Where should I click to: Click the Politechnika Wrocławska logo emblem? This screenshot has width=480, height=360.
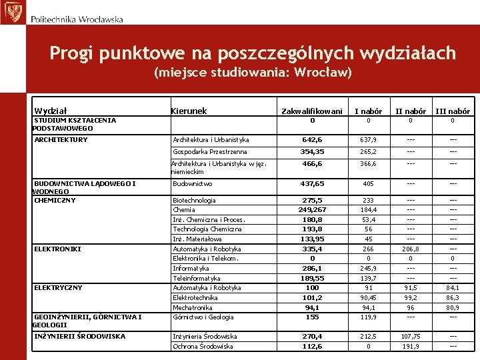(11, 13)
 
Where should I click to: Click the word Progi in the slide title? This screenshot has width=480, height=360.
(70, 53)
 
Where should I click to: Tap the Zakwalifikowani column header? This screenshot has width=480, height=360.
(312, 111)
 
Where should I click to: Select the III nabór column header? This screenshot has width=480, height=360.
(453, 111)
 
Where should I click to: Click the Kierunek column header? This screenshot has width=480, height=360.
(189, 111)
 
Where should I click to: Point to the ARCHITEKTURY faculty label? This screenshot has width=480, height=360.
(61, 140)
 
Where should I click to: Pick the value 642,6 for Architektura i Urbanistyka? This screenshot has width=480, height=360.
(312, 140)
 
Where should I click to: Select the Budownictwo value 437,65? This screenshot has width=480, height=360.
(312, 183)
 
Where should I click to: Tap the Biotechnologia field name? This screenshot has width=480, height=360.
(194, 200)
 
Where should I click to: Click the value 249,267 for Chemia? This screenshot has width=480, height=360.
(312, 209)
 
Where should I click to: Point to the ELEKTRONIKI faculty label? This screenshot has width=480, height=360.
(58, 249)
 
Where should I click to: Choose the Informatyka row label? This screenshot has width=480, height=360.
(191, 268)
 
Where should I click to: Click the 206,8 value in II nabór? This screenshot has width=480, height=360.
(411, 249)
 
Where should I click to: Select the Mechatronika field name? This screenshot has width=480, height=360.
(193, 307)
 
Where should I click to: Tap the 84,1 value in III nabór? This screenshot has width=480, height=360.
(453, 288)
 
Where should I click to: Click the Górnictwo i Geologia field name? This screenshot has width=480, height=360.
(203, 317)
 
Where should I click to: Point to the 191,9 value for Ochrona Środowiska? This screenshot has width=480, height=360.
(411, 346)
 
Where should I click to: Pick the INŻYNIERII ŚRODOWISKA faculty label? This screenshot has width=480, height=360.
(79, 337)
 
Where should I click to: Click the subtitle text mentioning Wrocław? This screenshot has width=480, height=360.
(253, 72)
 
